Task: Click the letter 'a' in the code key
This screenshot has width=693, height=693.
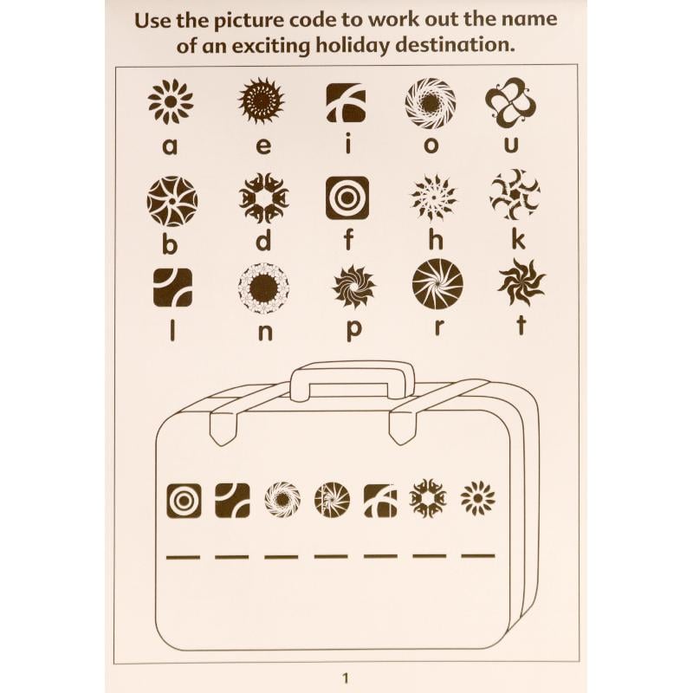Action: click(x=170, y=146)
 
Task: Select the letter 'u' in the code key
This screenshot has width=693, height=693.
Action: click(x=511, y=145)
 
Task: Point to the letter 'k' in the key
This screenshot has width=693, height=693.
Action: click(x=518, y=240)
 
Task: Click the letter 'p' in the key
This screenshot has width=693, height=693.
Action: click(x=354, y=330)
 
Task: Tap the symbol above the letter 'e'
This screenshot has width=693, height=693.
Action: click(x=262, y=100)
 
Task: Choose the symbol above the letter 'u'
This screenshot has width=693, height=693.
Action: click(x=510, y=102)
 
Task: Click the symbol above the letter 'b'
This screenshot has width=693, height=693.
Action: click(x=172, y=201)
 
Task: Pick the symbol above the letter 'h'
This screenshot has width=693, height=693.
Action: click(x=434, y=198)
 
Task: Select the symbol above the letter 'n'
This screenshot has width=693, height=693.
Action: click(x=263, y=288)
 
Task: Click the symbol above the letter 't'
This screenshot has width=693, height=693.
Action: click(x=521, y=282)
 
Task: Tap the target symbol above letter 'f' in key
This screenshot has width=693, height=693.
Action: click(x=347, y=198)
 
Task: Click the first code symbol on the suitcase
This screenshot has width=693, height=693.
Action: click(x=185, y=501)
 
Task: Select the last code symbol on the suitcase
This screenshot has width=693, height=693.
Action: click(x=478, y=499)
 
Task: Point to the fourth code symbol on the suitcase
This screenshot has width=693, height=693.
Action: click(x=333, y=500)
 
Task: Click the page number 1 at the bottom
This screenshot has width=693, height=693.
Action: click(x=346, y=678)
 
